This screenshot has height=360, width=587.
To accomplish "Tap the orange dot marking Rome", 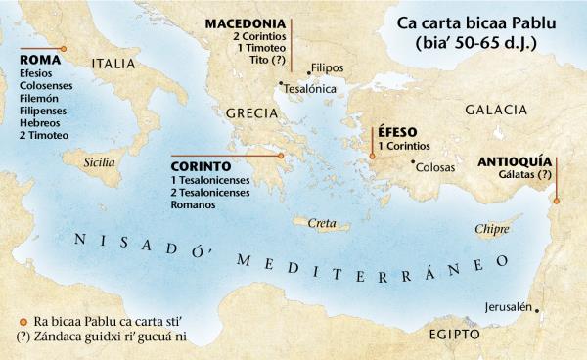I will tap(64, 47).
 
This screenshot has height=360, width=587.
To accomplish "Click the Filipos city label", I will tap(326, 68).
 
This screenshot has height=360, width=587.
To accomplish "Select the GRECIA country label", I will tap(252, 113).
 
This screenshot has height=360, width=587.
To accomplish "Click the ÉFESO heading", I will tap(390, 131).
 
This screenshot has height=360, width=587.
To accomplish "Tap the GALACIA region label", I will tap(496, 110).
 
